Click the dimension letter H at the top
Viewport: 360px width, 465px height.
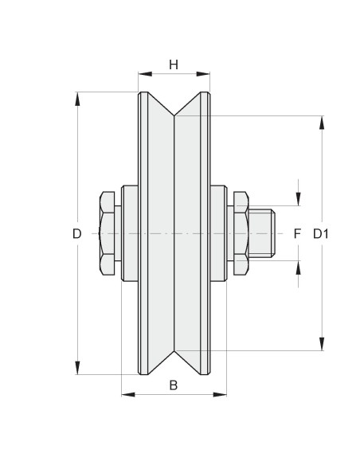(174, 64)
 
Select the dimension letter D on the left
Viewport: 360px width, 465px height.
(76, 234)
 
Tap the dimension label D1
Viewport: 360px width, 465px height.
(321, 234)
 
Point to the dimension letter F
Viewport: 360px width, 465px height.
(297, 234)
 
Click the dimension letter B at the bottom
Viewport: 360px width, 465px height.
(174, 385)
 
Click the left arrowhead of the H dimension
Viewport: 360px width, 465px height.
(145, 74)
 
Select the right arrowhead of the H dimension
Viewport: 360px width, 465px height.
(203, 74)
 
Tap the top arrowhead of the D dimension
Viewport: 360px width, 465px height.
(77, 99)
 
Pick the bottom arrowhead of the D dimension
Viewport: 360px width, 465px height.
(77, 367)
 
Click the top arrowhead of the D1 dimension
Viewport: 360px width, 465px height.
(322, 123)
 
